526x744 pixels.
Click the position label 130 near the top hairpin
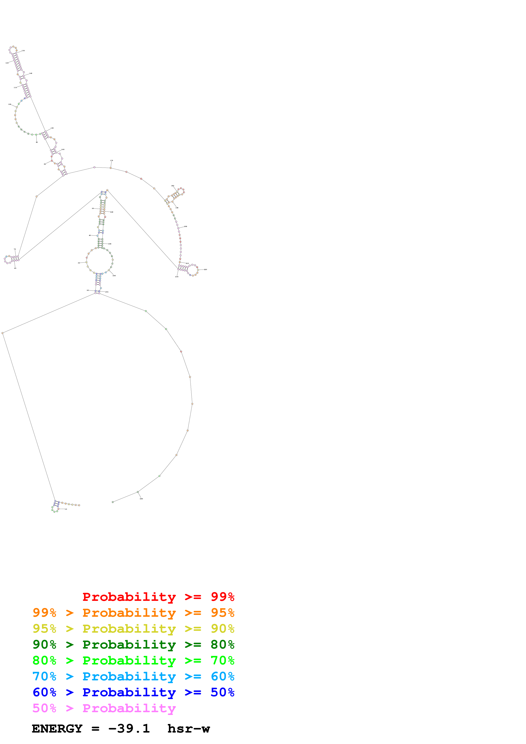coord(23,50)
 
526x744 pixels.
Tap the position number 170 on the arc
coord(111,160)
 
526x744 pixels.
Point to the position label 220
coord(205,269)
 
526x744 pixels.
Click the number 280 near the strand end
coord(141,499)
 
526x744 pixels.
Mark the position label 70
coord(15,249)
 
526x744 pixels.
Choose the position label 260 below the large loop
coord(114,276)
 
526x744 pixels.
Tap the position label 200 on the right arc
coord(186,227)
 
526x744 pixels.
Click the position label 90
coord(37,142)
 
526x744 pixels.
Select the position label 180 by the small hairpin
coord(173,186)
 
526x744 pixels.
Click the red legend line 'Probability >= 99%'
coord(158,597)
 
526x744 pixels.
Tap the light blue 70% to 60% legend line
coord(133,676)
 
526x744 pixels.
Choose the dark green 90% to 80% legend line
coord(133,645)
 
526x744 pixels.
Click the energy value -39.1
coord(129,729)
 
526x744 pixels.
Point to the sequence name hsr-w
coord(189,729)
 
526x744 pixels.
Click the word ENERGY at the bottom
coord(57,729)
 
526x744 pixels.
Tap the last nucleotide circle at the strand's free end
coord(113,502)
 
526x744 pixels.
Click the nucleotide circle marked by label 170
coord(111,168)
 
